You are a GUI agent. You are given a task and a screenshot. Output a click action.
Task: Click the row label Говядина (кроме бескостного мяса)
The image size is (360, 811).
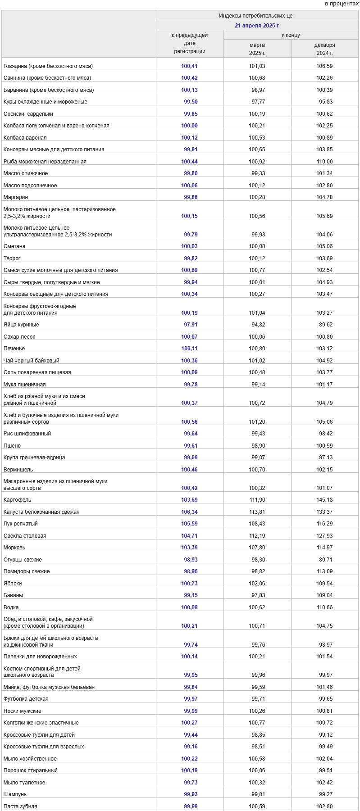pyautogui.click(x=48, y=66)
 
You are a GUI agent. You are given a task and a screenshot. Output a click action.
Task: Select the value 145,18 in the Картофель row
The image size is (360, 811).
pyautogui.click(x=324, y=500)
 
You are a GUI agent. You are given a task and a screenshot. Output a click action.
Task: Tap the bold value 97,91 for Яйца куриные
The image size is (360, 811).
pyautogui.click(x=189, y=325)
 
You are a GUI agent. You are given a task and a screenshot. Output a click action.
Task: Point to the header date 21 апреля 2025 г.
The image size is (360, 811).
pyautogui.click(x=257, y=26)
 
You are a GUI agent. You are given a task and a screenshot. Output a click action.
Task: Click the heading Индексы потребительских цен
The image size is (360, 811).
pyautogui.click(x=257, y=16)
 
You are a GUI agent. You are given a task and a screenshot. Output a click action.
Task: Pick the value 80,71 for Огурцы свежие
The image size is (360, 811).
pyautogui.click(x=324, y=560)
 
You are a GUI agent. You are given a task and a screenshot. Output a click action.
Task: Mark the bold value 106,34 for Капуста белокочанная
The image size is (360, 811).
pyautogui.click(x=189, y=512)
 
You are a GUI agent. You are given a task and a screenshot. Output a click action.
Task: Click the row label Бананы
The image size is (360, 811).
pyautogui.click(x=13, y=595)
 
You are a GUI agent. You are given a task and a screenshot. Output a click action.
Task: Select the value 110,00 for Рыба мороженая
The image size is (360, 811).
pyautogui.click(x=324, y=162)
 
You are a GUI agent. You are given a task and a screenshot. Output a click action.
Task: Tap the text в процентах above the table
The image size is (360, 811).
pyautogui.click(x=342, y=4)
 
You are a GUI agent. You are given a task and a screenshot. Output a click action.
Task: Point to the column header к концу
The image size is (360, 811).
pyautogui.click(x=291, y=35)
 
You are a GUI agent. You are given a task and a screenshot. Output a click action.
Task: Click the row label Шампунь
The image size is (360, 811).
pyautogui.click(x=15, y=794)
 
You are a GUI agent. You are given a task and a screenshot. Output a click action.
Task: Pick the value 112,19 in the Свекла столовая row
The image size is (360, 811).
pyautogui.click(x=257, y=536)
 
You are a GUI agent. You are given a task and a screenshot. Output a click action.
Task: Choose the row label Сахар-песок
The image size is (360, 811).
pyautogui.click(x=19, y=337)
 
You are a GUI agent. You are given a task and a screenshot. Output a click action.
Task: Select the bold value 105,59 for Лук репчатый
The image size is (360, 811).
pyautogui.click(x=189, y=524)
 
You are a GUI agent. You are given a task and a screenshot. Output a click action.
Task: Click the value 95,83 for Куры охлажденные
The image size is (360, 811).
pyautogui.click(x=324, y=102)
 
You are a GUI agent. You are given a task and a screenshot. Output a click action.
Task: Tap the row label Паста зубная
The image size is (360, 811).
pyautogui.click(x=20, y=806)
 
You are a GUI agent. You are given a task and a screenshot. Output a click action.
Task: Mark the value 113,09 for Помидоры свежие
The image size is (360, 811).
pyautogui.click(x=324, y=571)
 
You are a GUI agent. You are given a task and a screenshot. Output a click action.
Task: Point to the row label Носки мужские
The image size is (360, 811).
pyautogui.click(x=22, y=711)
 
